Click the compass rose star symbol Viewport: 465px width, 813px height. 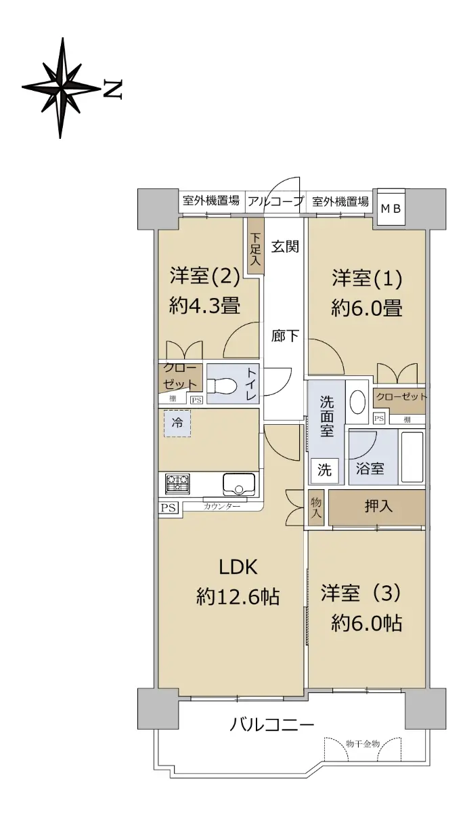click(x=61, y=88)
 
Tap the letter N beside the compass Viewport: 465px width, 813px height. click(x=112, y=89)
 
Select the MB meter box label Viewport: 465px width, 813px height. click(x=391, y=209)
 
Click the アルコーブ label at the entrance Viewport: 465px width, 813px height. click(x=275, y=201)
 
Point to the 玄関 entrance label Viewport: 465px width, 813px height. click(x=286, y=247)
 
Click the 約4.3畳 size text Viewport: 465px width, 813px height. click(x=204, y=306)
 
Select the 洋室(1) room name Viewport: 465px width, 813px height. click(x=367, y=278)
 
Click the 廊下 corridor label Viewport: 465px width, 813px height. click(x=286, y=336)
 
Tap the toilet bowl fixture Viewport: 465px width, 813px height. click(x=221, y=385)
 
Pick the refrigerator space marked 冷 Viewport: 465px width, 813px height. click(x=177, y=423)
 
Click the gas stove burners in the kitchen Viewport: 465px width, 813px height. click(x=177, y=484)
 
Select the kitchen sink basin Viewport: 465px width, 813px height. click(x=239, y=484)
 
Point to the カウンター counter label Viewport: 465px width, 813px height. click(x=222, y=506)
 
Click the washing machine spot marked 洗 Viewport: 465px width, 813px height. click(x=325, y=470)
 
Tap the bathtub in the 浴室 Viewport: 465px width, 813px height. click(x=412, y=457)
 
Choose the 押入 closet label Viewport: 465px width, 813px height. click(x=378, y=506)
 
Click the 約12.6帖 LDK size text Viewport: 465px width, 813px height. click(x=238, y=596)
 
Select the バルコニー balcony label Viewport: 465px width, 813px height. click(x=271, y=725)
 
